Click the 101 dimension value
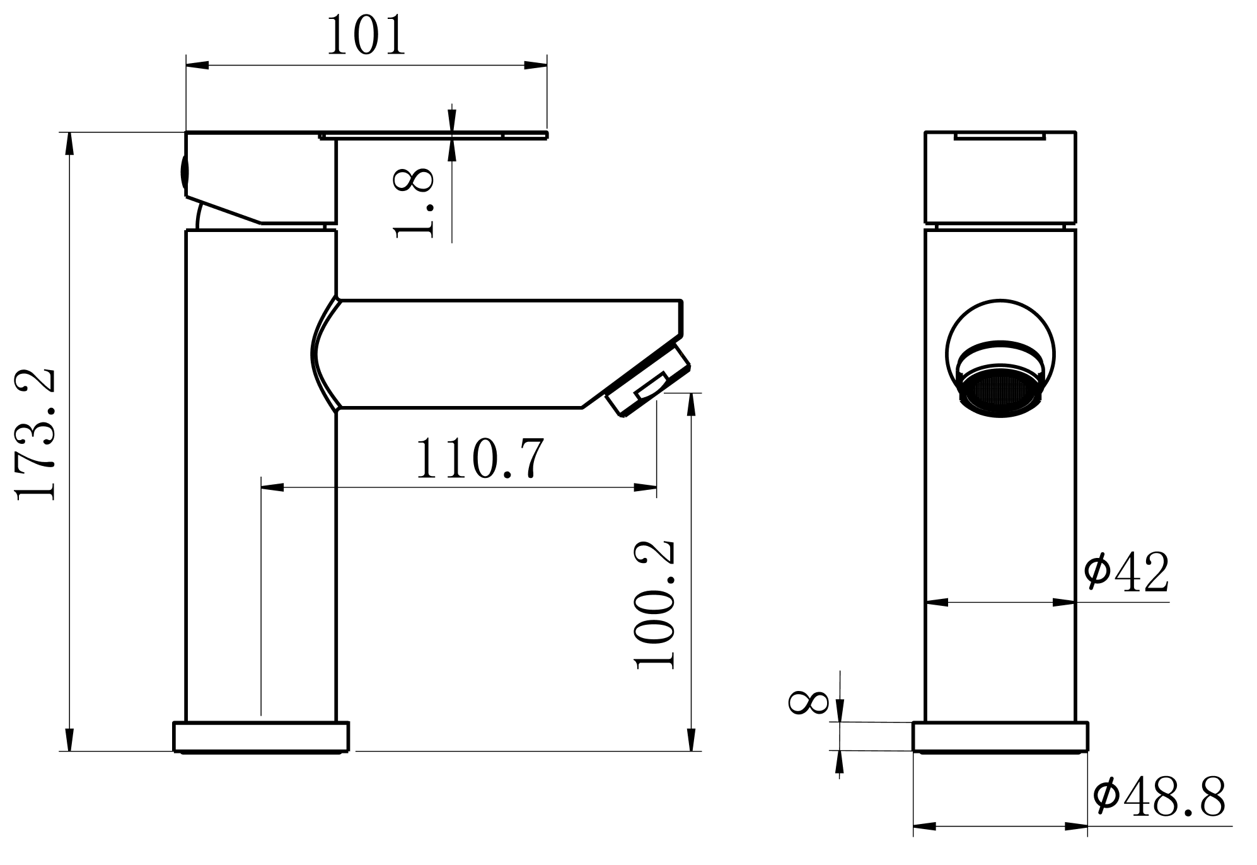coord(366,36)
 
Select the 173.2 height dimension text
coord(37,435)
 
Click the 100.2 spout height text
coord(656,604)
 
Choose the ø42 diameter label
coord(1126,572)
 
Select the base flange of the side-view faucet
coord(261,736)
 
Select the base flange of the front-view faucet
coord(1000,736)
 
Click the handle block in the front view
coord(1000,178)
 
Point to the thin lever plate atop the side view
coord(435,134)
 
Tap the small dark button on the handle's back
coord(183,171)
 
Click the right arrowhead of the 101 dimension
coord(536,65)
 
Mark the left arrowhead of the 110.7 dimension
coord(272,487)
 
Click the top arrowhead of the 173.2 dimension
coord(70,143)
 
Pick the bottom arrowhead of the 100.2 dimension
coord(692,740)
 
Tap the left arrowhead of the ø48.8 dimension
coord(924,826)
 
